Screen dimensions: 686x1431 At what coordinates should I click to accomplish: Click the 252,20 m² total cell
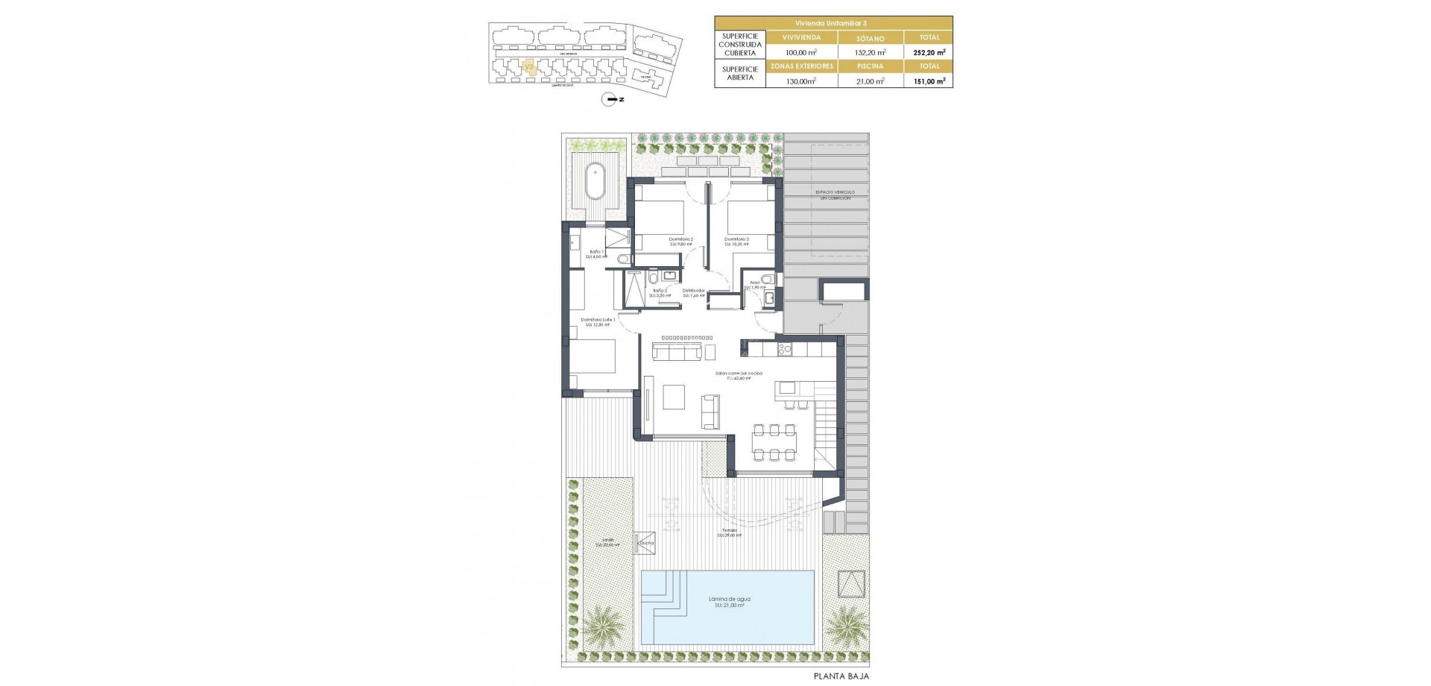[x=929, y=52]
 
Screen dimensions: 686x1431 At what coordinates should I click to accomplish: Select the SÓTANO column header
[x=871, y=37]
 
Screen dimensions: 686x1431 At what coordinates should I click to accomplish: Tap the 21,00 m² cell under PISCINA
[x=871, y=81]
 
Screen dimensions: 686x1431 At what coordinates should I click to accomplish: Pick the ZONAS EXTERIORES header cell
[x=801, y=66]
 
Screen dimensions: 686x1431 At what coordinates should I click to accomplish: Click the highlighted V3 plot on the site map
[x=528, y=68]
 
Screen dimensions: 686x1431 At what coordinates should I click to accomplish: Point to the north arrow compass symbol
[x=612, y=98]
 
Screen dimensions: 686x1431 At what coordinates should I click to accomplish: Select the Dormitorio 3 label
[x=736, y=239]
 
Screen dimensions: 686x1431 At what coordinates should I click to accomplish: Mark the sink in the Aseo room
[x=769, y=299]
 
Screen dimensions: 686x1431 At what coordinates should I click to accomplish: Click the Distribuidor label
[x=694, y=291]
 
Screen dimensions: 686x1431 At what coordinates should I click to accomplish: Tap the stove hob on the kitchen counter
[x=784, y=348]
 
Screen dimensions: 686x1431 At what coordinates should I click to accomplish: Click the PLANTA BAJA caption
[x=841, y=676]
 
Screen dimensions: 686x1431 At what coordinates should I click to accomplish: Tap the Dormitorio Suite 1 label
[x=598, y=320]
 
